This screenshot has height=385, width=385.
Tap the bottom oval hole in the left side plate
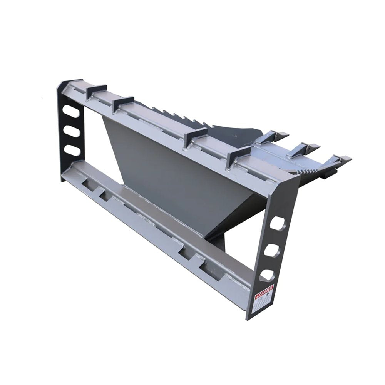click(73, 150)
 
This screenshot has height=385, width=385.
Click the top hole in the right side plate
click(277, 223)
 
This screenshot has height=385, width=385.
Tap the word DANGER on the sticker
click(265, 291)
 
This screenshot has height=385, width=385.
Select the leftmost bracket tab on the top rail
click(96, 92)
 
